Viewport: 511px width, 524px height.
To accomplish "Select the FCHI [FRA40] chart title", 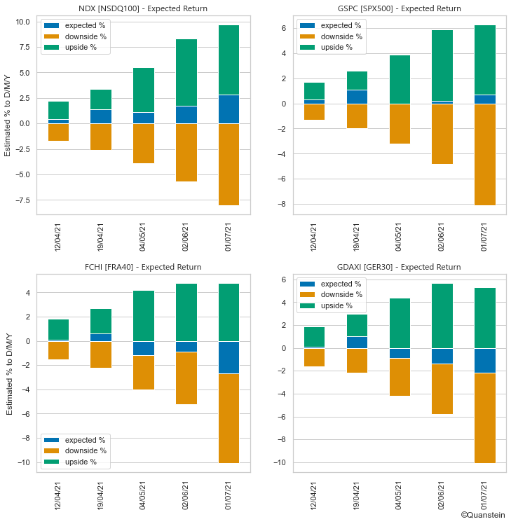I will point(143,267).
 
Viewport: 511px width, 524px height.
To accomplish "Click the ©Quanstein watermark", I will point(483,515).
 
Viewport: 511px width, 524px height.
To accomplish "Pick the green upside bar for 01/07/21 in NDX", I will point(229,60).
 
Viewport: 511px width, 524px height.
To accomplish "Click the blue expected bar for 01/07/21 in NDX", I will point(229,109).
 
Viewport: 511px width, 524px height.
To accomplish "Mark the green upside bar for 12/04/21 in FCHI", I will point(58,330).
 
